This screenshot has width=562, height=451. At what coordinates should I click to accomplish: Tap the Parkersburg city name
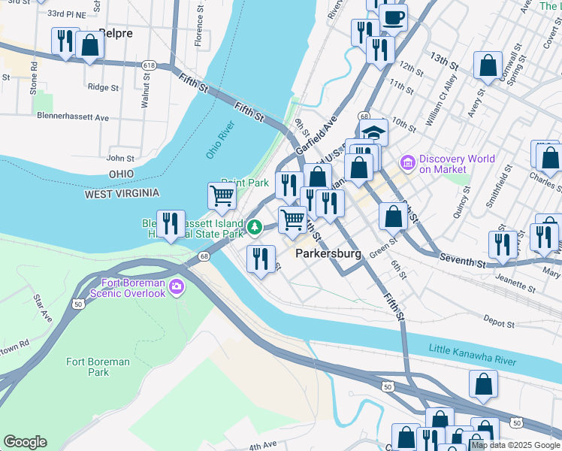pos(328,253)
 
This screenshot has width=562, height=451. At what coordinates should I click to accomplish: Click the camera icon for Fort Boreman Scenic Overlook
pos(177,286)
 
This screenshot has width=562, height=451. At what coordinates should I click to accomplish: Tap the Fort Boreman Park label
pos(98,367)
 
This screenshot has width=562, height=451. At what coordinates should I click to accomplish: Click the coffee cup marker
pos(392,17)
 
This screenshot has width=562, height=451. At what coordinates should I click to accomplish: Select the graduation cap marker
pos(373,132)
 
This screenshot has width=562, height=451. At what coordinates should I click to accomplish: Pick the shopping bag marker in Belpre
pos(89,45)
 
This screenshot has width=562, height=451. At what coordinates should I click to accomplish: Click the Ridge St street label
pos(104,87)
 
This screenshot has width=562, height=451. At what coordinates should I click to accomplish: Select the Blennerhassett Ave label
pos(73,117)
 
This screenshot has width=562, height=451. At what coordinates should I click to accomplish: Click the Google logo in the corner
pos(25,442)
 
